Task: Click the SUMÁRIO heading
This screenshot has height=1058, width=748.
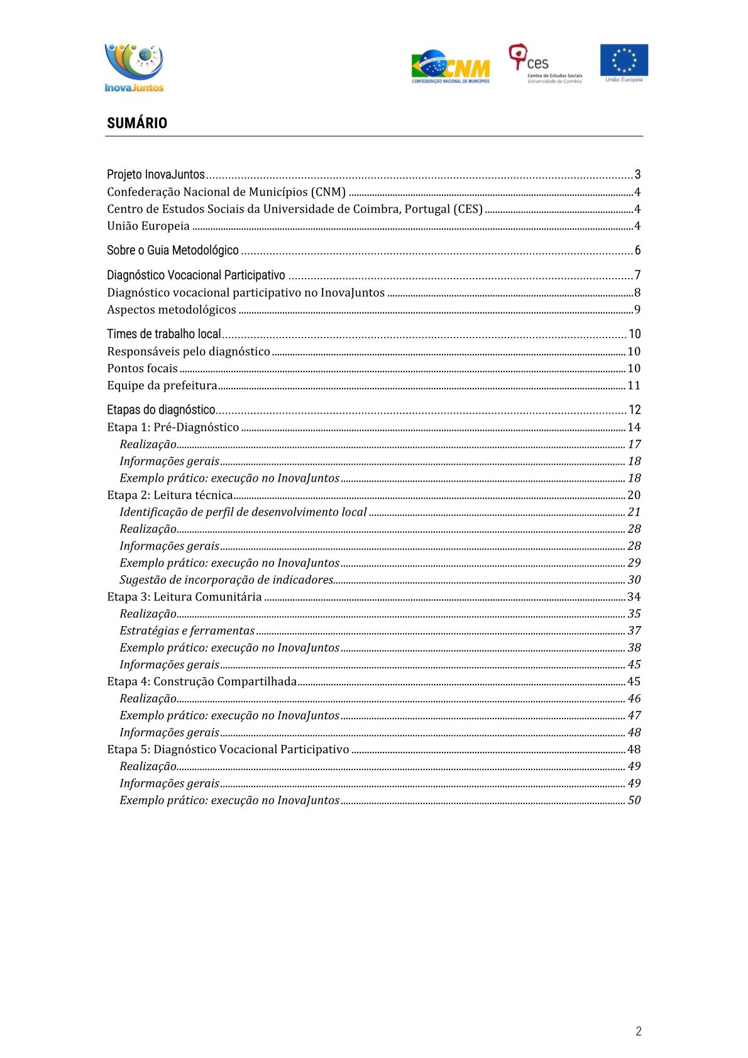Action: pyautogui.click(x=137, y=123)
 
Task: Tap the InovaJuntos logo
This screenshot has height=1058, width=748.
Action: pyautogui.click(x=134, y=68)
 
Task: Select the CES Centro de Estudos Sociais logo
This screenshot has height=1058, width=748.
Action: pyautogui.click(x=545, y=63)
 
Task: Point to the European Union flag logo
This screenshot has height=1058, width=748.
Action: pyautogui.click(x=624, y=63)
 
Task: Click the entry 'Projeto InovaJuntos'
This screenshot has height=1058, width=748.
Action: pyautogui.click(x=156, y=175)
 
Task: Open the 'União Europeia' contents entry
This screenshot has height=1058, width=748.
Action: pyautogui.click(x=148, y=226)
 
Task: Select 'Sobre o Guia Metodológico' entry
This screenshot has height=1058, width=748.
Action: pyautogui.click(x=173, y=250)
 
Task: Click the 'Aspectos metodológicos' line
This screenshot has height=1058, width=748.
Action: pyautogui.click(x=172, y=310)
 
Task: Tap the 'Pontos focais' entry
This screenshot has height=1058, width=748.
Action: pyautogui.click(x=143, y=368)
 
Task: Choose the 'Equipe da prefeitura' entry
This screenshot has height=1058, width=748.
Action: pyautogui.click(x=162, y=385)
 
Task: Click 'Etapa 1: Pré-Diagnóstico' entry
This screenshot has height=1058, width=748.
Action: pyautogui.click(x=173, y=427)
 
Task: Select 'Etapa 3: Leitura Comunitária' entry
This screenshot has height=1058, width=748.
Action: pyautogui.click(x=184, y=597)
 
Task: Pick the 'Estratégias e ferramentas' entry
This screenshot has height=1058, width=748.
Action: pyautogui.click(x=187, y=631)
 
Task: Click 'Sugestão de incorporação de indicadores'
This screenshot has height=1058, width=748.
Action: pyautogui.click(x=226, y=580)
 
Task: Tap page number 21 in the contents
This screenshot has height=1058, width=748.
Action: pyautogui.click(x=634, y=512)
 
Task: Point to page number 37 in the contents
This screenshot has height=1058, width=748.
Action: pyautogui.click(x=634, y=631)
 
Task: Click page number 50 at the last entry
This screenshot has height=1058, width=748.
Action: pyautogui.click(x=634, y=800)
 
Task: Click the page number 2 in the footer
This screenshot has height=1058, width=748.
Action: pyautogui.click(x=639, y=1031)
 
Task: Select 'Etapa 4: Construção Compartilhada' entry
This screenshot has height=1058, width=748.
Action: pyautogui.click(x=202, y=681)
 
